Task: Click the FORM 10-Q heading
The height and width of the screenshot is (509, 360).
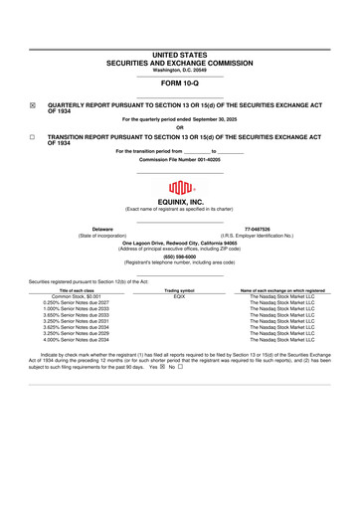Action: tap(180, 85)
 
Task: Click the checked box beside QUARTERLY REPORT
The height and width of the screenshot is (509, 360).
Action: tap(33, 103)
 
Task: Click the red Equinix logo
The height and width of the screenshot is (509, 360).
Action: tap(179, 186)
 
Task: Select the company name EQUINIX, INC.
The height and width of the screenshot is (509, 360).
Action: tap(180, 201)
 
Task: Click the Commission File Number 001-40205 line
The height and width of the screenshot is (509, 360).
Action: tap(180, 159)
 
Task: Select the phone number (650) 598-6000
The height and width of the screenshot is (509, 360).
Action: tap(180, 256)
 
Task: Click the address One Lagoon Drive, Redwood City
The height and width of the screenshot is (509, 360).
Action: tap(180, 242)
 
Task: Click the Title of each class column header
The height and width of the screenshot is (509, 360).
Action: tap(82, 289)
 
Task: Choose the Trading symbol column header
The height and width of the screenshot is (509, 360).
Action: tap(179, 289)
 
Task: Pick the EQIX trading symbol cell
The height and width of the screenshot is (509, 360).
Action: tap(179, 296)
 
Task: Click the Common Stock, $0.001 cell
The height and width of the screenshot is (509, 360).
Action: tap(82, 296)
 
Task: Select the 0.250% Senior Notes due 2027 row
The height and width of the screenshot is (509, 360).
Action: tap(82, 302)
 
